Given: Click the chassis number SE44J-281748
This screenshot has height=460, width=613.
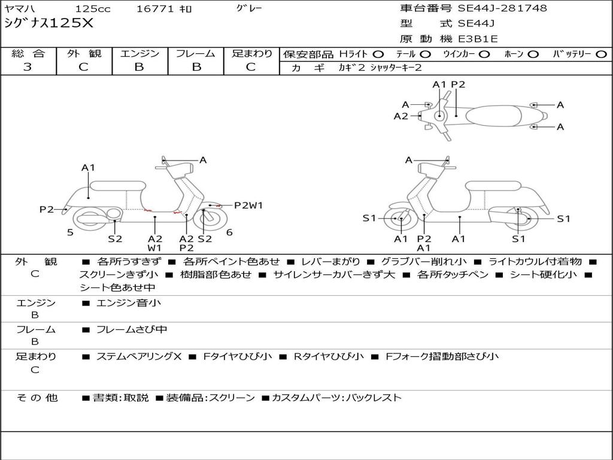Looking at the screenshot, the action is coord(502,8).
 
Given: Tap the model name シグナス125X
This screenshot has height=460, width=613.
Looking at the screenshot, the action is coord(49,23).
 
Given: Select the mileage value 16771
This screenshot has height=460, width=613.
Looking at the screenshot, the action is coord(155,8).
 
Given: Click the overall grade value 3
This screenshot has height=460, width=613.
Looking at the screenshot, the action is coord(28,66).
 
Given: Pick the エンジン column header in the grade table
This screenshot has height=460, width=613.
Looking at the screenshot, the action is coord(139,53).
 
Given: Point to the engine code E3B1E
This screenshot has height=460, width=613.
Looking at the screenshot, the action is coord(478,39).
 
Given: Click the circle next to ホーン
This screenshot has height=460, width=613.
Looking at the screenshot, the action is coord(532,55).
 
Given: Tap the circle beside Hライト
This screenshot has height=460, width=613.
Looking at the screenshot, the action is coord(378,55).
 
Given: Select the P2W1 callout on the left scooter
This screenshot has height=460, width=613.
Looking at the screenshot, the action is coord(248,205).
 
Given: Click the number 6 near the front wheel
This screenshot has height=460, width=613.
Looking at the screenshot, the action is coord(229,232).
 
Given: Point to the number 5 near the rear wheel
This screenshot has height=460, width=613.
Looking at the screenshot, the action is coord(70,232).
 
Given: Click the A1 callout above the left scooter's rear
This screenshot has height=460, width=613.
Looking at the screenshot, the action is coord(88,168).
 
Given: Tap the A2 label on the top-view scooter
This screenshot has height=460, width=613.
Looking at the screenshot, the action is coord(400,116).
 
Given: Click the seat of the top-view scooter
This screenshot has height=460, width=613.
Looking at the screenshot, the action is coord(494,116).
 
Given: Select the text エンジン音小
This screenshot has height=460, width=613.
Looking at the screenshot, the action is coord(128,302).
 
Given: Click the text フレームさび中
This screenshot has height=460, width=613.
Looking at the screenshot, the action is coord(132,330).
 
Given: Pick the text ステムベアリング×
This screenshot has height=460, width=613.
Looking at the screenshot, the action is coord(139,356).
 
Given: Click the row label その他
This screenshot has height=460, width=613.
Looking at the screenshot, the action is coord(37,398).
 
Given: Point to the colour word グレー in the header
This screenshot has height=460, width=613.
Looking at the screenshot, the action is coord(249,8).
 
